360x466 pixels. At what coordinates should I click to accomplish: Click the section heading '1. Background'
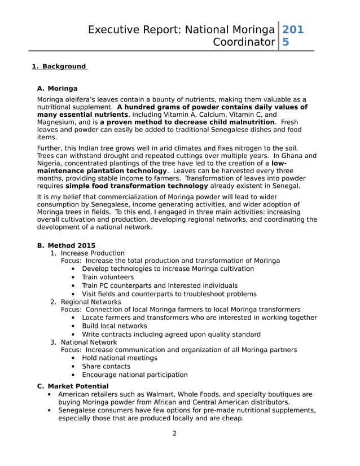[60, 67]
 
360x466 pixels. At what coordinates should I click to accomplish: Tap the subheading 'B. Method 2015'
[66, 245]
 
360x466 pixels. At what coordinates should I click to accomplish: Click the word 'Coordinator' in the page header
[244, 42]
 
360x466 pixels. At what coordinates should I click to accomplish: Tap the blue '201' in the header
[292, 30]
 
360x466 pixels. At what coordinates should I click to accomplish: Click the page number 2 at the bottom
[174, 433]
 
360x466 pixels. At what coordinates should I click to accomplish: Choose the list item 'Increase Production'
[93, 253]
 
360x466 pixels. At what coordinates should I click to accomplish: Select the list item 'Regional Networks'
[91, 302]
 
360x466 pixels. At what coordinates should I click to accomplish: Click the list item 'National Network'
[89, 342]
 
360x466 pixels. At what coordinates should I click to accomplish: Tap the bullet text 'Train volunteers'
[108, 277]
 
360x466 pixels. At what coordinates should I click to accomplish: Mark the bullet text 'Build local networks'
[115, 326]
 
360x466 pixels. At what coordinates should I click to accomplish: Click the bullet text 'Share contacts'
[106, 366]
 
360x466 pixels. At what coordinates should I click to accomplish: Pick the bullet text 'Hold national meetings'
[120, 358]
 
